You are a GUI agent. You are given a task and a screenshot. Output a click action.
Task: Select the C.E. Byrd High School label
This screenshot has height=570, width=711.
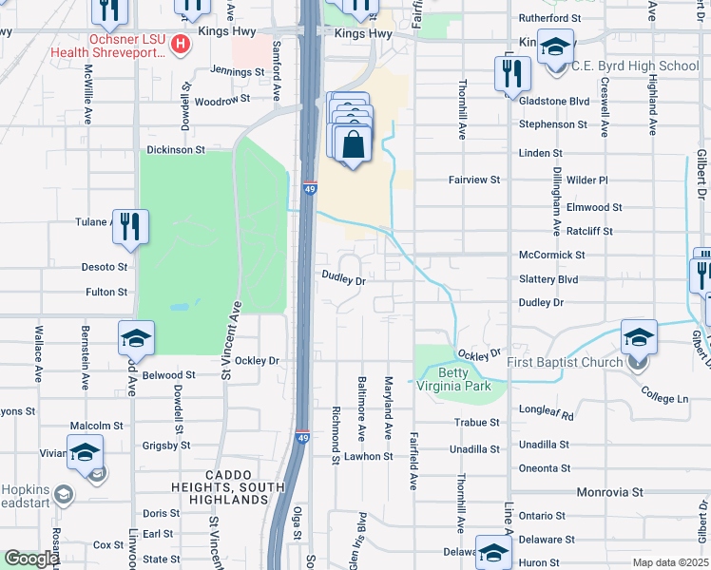[634, 66]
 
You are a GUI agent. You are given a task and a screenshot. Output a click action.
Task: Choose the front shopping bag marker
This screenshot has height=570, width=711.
[353, 146]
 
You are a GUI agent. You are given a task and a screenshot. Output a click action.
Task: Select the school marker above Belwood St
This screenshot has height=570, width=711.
[136, 338]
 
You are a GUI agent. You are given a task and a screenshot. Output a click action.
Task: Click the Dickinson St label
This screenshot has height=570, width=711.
[175, 150]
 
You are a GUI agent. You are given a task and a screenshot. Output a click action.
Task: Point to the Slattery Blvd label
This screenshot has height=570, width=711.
[548, 278]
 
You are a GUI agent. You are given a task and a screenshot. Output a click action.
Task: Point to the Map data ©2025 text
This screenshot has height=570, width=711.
[670, 562]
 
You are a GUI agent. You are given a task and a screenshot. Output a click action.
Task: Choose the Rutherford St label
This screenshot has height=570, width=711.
[548, 18]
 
